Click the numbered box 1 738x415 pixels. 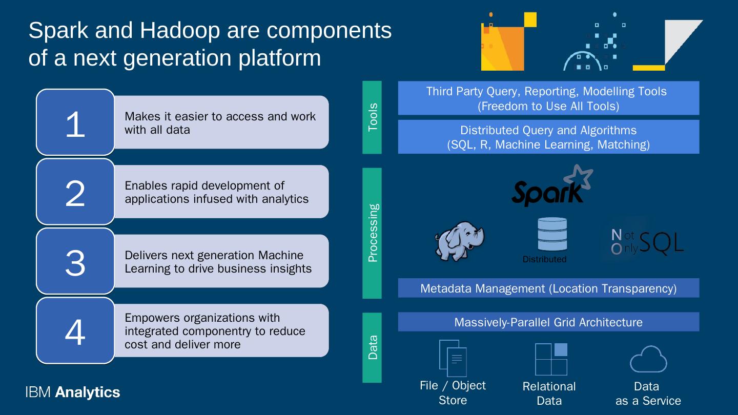pos(75,122)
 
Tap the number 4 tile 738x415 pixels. pos(75,331)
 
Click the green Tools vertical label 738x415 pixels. pos(372,117)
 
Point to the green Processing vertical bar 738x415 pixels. pos(372,233)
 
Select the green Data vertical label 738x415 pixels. pos(372,347)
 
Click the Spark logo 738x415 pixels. pos(551,186)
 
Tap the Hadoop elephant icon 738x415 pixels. pos(460,241)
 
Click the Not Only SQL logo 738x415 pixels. pos(647,242)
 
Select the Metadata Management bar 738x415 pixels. pos(548,288)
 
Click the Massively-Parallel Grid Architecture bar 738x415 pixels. pos(548,322)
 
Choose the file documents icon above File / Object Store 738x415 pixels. pos(453,358)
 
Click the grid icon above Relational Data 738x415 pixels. pos(551,359)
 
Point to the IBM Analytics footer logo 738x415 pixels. pos(72,392)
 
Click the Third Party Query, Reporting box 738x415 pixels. pos(548,98)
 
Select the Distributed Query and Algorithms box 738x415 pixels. pos(548,137)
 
